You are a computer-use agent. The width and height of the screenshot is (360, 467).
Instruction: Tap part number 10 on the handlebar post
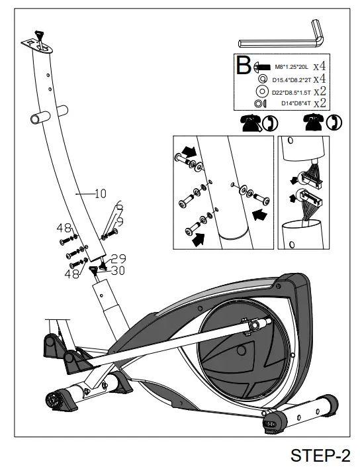pos(100,193)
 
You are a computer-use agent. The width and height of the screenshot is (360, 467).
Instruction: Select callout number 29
pos(118,258)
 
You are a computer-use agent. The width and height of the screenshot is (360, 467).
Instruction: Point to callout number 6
pos(118,205)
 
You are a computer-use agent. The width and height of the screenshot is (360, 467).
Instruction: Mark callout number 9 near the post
pos(120,219)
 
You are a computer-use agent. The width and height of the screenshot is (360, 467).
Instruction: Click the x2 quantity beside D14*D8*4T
pos(320,103)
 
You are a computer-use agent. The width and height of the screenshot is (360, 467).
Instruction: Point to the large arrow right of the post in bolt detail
pos(260,214)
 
